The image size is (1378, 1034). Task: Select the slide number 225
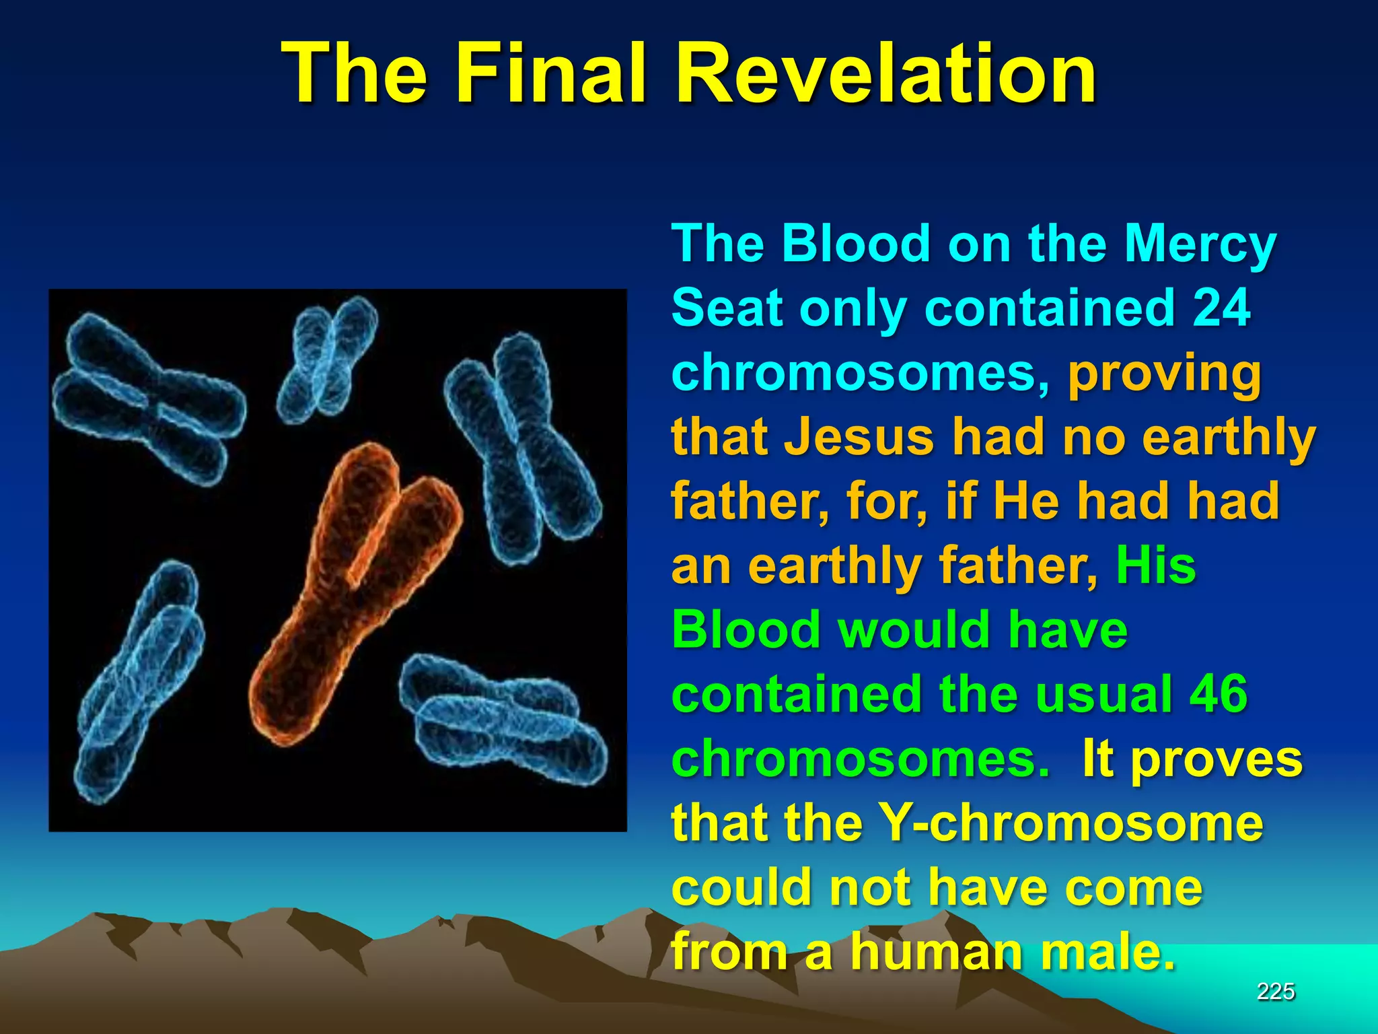click(1276, 991)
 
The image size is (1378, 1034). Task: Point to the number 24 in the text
click(1221, 308)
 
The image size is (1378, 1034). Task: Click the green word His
click(1155, 565)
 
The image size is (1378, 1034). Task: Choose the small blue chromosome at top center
click(328, 360)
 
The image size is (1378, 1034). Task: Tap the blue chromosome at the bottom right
click(505, 720)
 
